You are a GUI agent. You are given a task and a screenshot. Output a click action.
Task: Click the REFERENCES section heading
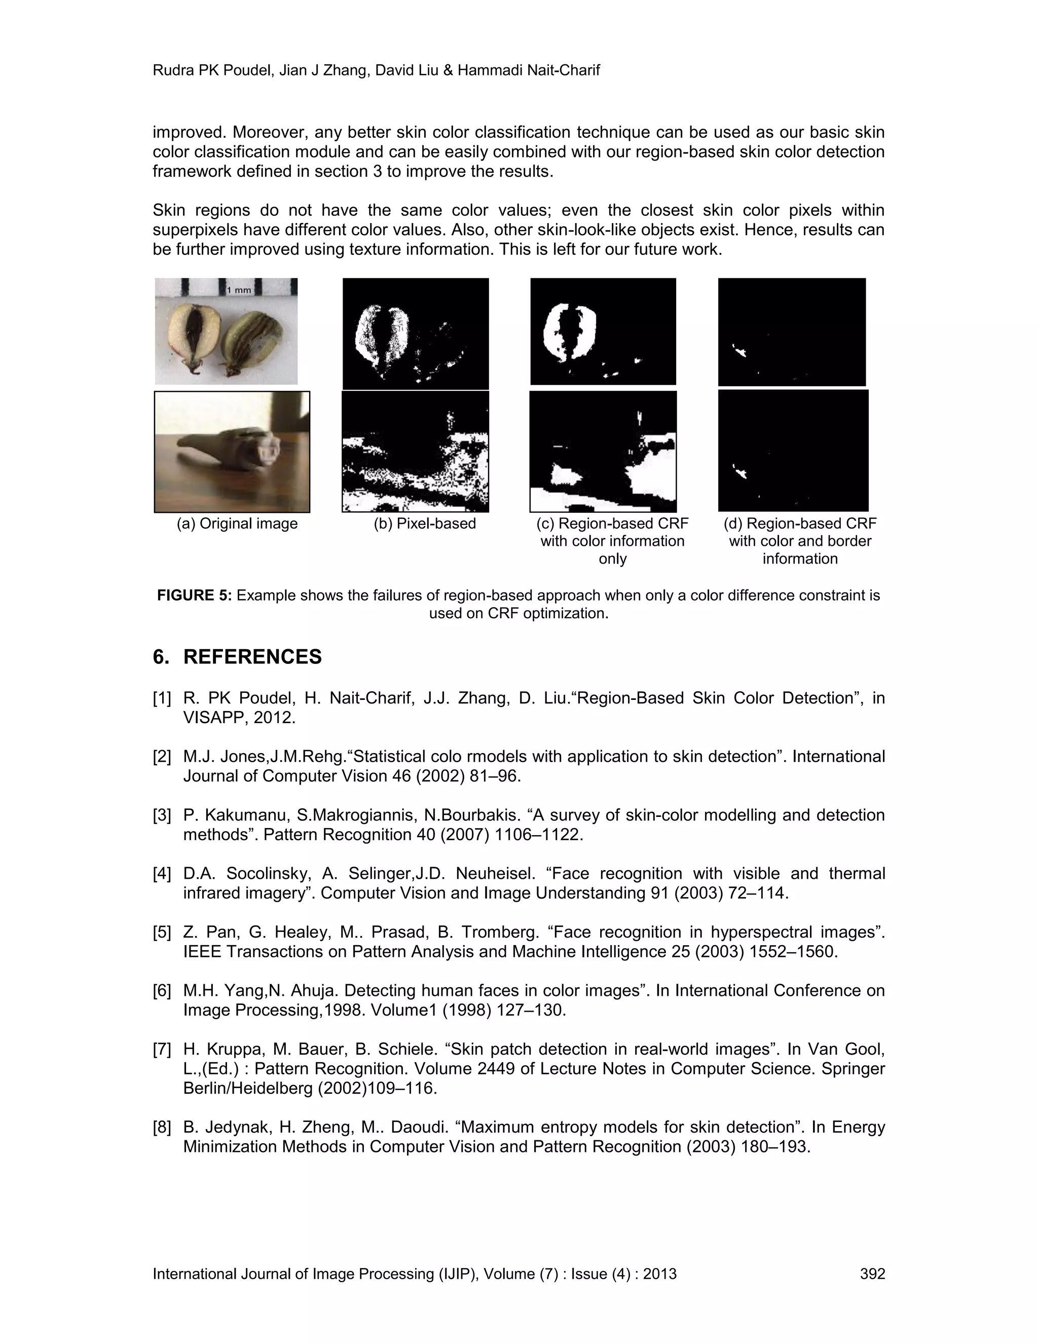pyautogui.click(x=252, y=657)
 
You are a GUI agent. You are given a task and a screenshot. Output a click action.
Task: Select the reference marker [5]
pyautogui.click(x=162, y=932)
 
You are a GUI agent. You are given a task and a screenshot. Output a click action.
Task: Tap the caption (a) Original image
pyautogui.click(x=237, y=524)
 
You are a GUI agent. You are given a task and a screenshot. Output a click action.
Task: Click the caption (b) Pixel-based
pyautogui.click(x=424, y=524)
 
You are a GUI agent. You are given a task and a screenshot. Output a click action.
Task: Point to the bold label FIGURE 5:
pyautogui.click(x=194, y=595)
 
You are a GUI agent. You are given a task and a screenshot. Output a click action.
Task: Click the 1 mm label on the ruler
pyautogui.click(x=240, y=289)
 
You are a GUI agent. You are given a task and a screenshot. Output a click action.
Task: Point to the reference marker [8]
pyautogui.click(x=162, y=1127)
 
